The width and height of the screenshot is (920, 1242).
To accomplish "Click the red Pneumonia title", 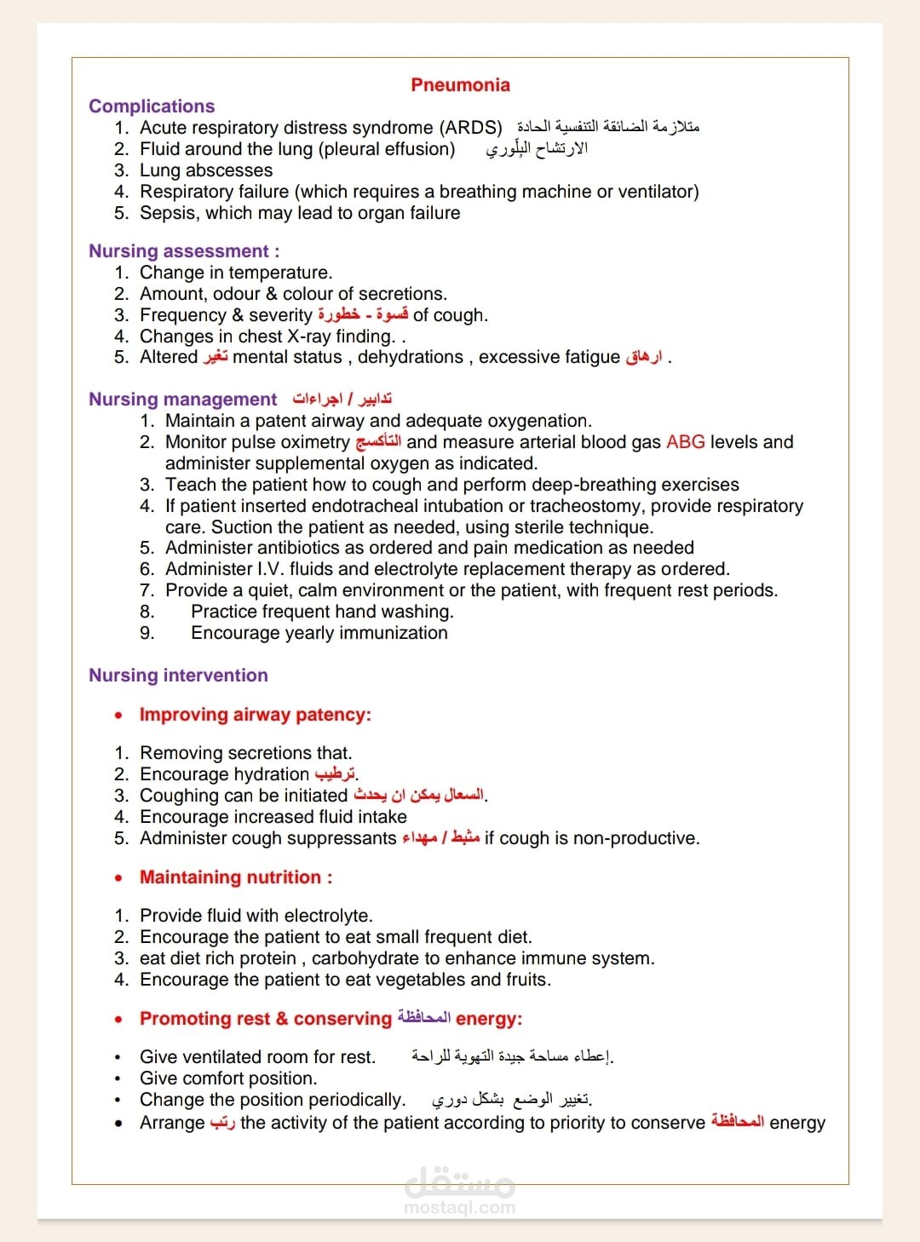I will (x=460, y=85).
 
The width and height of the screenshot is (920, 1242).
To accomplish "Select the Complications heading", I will (x=152, y=106).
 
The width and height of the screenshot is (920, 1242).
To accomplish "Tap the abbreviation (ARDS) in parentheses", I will (x=471, y=128).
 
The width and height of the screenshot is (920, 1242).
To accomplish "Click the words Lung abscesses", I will (x=206, y=170).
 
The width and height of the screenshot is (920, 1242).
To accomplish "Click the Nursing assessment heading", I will (x=183, y=251).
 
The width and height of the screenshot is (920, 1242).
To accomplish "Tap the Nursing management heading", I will (x=183, y=400).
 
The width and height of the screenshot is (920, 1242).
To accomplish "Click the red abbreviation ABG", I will (x=685, y=442).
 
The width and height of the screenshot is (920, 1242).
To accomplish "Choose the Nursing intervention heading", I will (x=178, y=676).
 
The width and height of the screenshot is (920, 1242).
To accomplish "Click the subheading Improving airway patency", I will (x=256, y=715).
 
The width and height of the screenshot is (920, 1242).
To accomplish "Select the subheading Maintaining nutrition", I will (x=236, y=877).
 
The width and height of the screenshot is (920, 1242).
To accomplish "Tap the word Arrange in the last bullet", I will (x=172, y=1123).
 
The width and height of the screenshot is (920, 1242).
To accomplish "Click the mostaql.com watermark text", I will (x=460, y=1207).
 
